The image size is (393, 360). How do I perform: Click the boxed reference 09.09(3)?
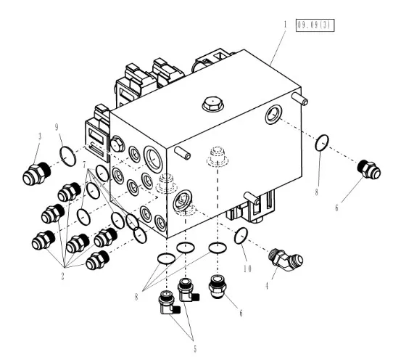coord(315,25)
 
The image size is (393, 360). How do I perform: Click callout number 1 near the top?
coord(285,25)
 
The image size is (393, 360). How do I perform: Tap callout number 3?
coord(40,136)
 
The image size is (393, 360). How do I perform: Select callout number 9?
coord(57,127)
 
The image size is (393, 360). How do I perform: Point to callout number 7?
coord(84,165)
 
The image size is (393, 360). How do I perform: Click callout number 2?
coord(62,277)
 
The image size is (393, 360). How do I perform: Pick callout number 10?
coord(247,269)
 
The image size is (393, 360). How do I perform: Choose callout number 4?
coord(267,286)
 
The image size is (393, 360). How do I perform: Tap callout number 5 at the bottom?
coord(195,349)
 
